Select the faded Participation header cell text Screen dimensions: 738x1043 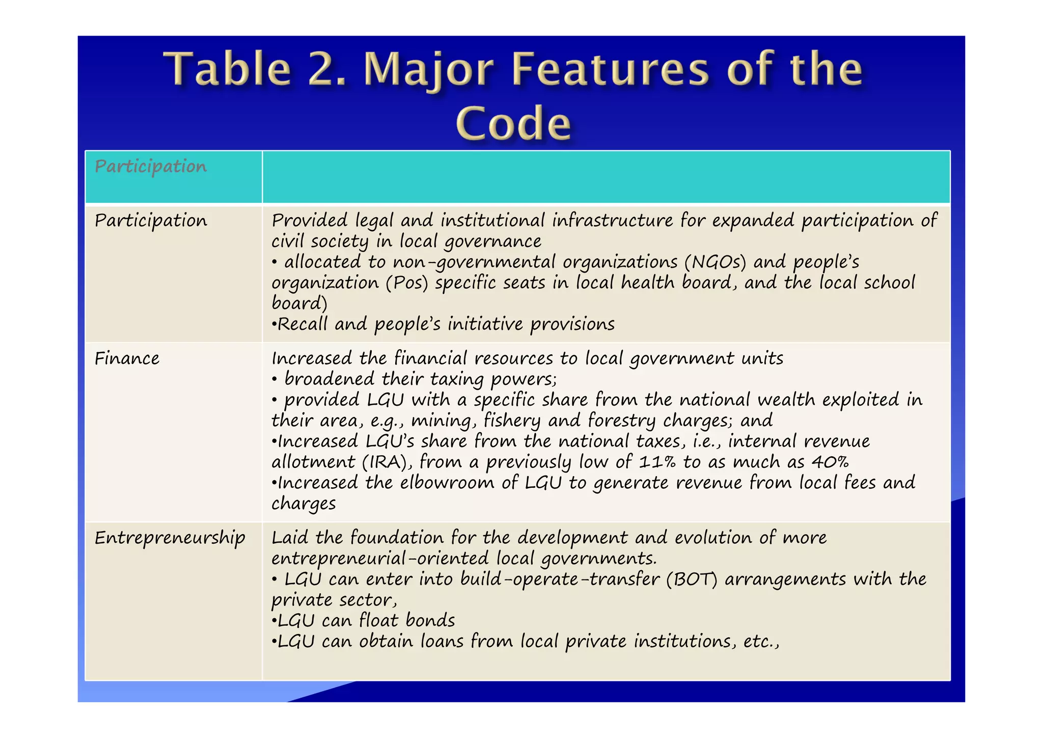tap(151, 166)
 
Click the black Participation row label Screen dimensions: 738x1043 tap(151, 221)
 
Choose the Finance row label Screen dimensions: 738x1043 tap(127, 358)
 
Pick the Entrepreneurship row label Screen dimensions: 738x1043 tap(170, 538)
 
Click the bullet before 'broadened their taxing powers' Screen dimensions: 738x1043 tap(275, 380)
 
